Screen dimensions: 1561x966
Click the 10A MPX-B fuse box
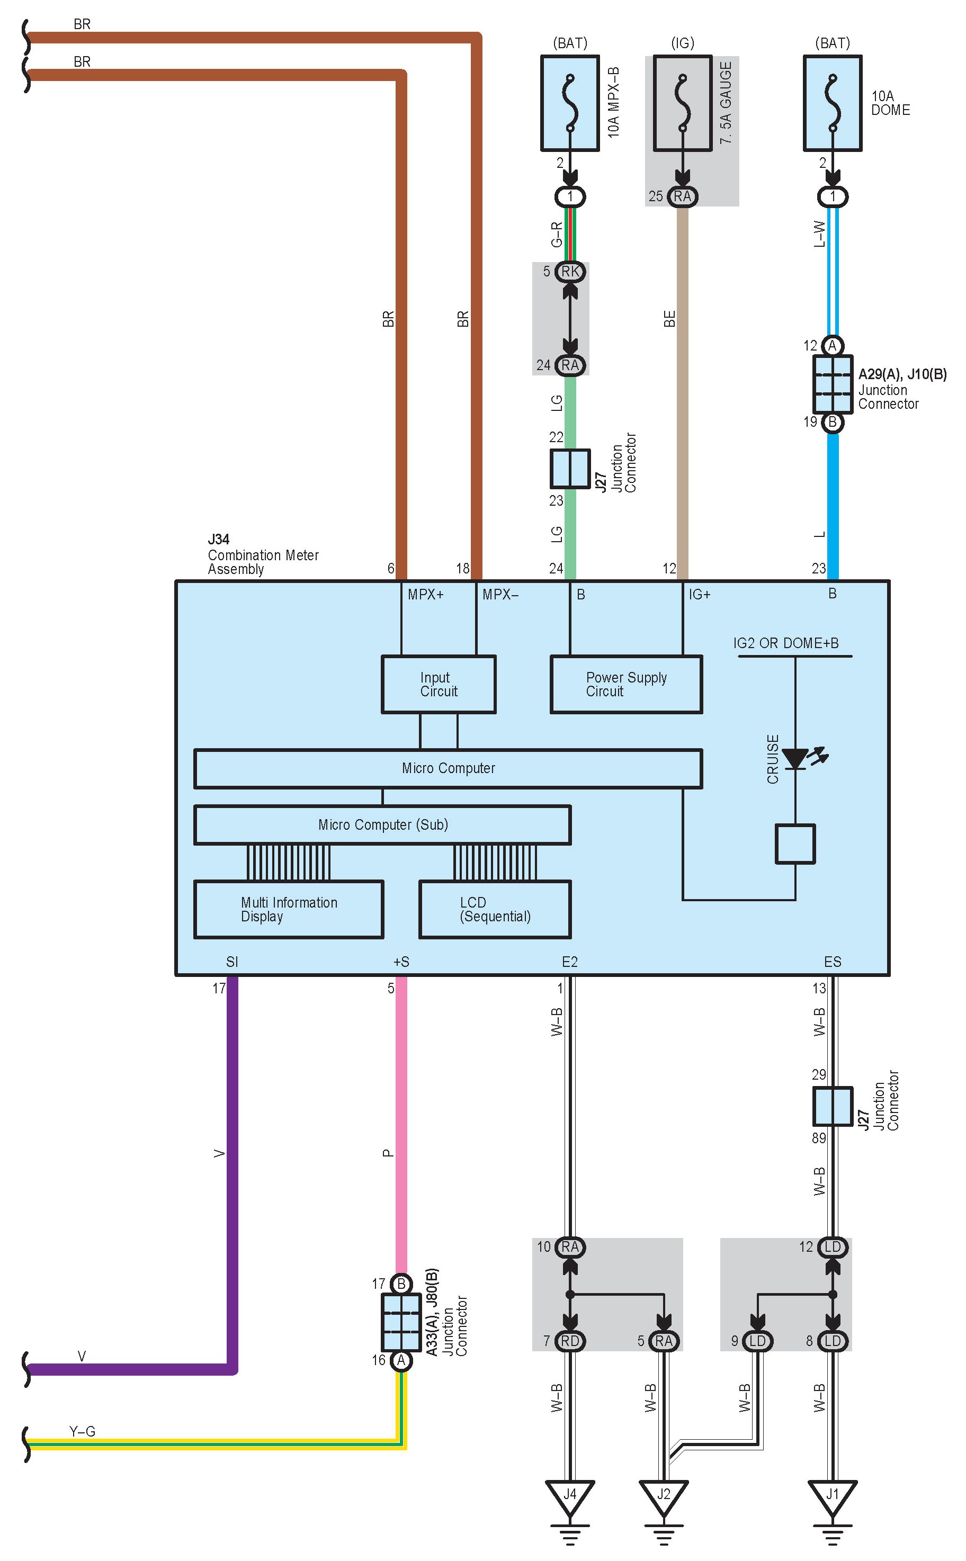(570, 103)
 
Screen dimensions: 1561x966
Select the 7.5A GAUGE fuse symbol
(682, 103)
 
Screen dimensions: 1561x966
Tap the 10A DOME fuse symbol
(833, 103)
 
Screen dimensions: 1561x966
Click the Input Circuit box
(439, 684)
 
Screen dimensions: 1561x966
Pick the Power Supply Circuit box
(626, 684)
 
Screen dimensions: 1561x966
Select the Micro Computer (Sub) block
(382, 824)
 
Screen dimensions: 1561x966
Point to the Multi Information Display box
(289, 910)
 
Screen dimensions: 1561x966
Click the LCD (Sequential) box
(495, 910)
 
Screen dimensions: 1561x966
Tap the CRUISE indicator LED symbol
(796, 759)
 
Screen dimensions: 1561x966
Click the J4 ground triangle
(570, 1495)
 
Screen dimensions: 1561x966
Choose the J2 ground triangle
(664, 1495)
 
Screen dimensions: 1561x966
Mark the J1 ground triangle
(833, 1495)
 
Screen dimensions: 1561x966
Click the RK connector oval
(570, 272)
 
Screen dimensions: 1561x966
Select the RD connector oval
(570, 1341)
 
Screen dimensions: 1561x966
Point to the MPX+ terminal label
(425, 595)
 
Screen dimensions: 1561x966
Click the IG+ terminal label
(700, 595)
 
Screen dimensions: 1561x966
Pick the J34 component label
(219, 539)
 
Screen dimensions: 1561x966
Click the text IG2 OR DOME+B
(786, 643)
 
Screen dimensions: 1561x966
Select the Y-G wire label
(83, 1431)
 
